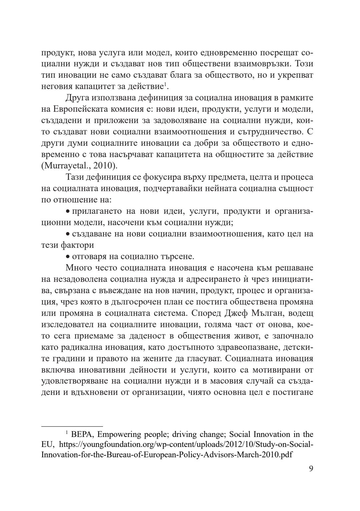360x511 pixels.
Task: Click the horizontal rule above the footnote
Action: (72, 426)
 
